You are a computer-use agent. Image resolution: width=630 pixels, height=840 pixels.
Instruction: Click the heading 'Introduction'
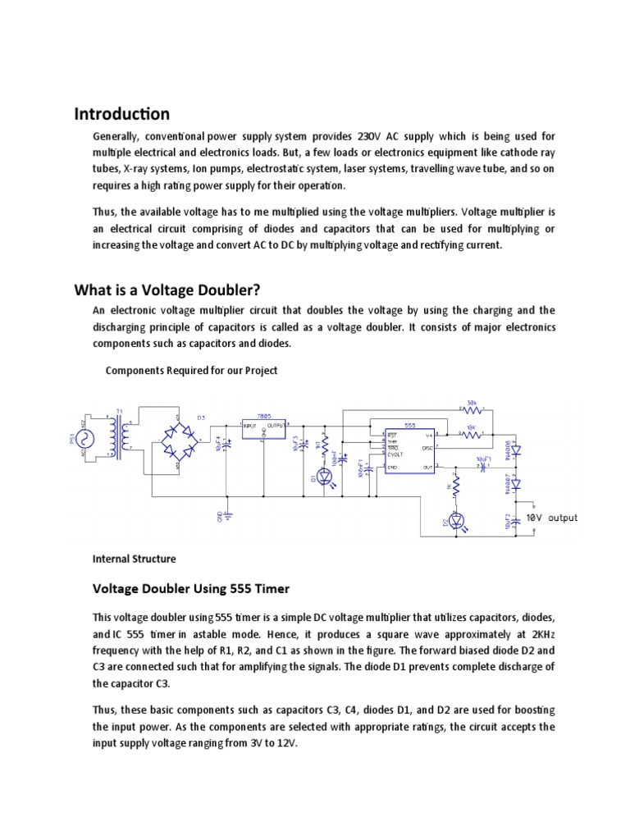pyautogui.click(x=122, y=114)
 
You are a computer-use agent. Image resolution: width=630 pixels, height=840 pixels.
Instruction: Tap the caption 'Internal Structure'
pyautogui.click(x=135, y=559)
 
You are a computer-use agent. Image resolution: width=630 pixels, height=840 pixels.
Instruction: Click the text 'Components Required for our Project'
pyautogui.click(x=191, y=370)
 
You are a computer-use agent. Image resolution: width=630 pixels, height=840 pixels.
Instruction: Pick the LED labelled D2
pyautogui.click(x=457, y=520)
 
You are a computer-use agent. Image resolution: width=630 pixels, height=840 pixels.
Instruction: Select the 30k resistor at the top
pyautogui.click(x=471, y=409)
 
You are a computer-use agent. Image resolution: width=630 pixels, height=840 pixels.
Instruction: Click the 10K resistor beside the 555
pyautogui.click(x=471, y=436)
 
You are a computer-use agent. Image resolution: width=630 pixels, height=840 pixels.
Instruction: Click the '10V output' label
pyautogui.click(x=551, y=518)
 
